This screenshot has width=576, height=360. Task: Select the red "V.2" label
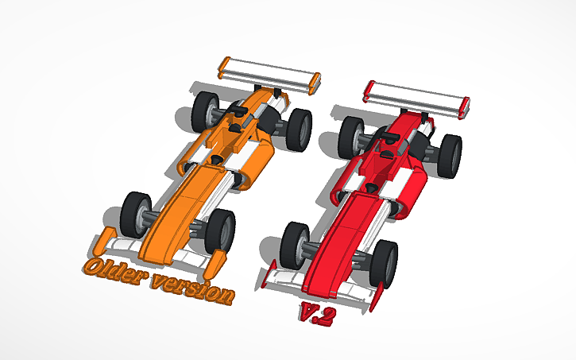pyautogui.click(x=317, y=313)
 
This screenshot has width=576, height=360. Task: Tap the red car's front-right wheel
pyautogui.click(x=385, y=258)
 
